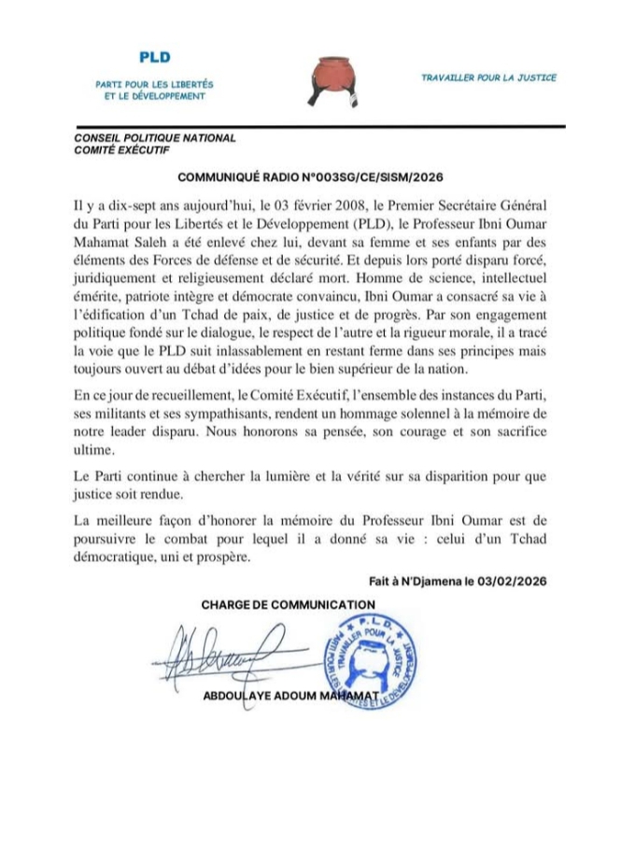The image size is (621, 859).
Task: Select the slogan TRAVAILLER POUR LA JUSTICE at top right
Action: (488, 77)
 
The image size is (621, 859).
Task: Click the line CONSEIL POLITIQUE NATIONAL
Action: (155, 138)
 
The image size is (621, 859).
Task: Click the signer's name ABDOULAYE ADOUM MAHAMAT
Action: (289, 697)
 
